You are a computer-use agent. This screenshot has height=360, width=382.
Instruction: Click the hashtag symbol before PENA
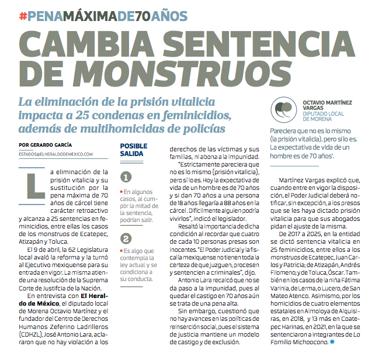[x=23, y=16]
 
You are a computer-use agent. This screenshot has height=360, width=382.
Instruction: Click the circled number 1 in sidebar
[x=126, y=177]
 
